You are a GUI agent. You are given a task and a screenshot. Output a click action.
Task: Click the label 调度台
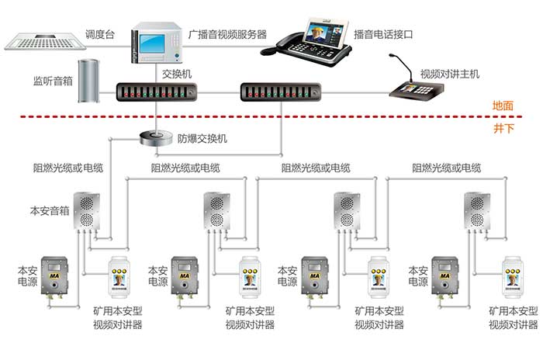(100, 35)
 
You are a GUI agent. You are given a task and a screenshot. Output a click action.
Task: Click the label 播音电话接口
(383, 35)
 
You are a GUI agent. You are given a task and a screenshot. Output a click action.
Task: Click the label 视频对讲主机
(450, 74)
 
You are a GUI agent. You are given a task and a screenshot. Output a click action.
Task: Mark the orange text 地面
(503, 106)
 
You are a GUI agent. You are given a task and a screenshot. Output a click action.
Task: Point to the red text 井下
(503, 127)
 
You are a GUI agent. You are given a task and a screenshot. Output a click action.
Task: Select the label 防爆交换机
(202, 139)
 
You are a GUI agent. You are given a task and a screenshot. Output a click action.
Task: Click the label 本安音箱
(50, 209)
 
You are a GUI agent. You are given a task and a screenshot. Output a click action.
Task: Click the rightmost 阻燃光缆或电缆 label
(447, 168)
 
